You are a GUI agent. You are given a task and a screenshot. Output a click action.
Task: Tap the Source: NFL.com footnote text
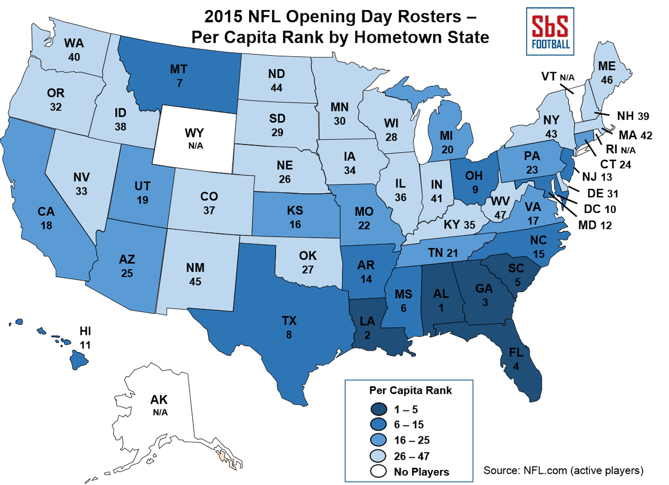click(563, 469)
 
